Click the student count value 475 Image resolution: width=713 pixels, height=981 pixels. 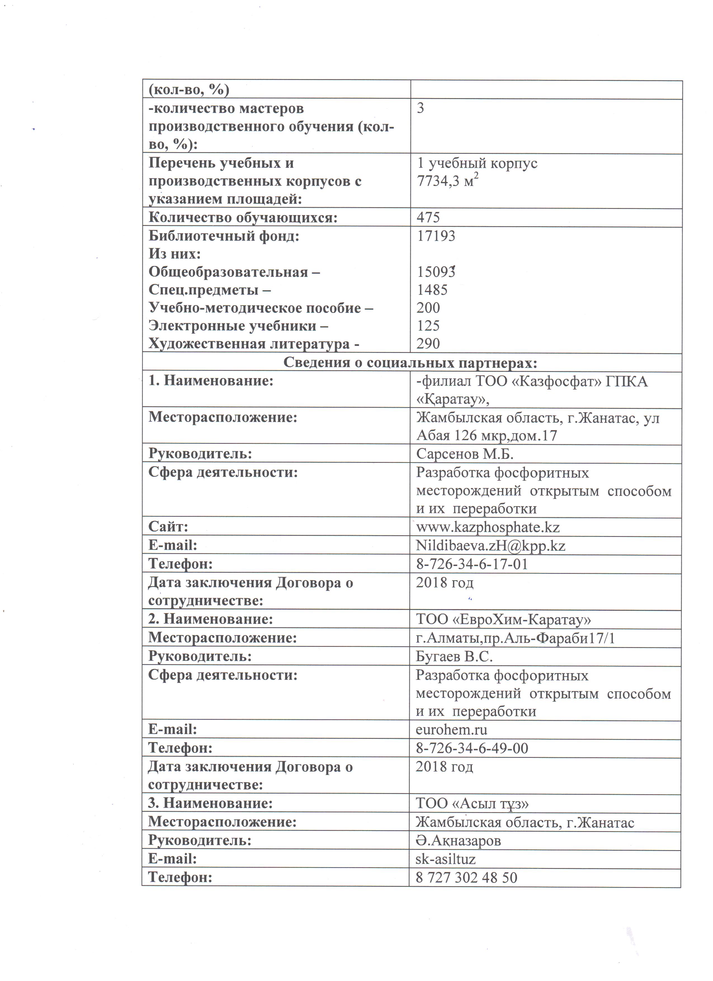click(x=428, y=217)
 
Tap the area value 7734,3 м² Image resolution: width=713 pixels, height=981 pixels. click(x=448, y=181)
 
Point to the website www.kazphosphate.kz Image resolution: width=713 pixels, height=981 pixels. click(x=488, y=527)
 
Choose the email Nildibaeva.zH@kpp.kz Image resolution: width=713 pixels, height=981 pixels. click(x=490, y=546)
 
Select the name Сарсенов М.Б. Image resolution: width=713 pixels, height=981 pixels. click(x=465, y=454)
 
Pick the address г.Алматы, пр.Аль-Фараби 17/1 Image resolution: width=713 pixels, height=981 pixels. click(x=515, y=638)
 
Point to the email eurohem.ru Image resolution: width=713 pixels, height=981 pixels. click(x=451, y=730)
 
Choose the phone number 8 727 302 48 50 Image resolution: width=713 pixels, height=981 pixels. click(x=466, y=877)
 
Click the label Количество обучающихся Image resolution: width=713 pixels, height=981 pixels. click(x=243, y=217)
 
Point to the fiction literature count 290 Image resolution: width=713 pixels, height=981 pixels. click(x=428, y=343)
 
